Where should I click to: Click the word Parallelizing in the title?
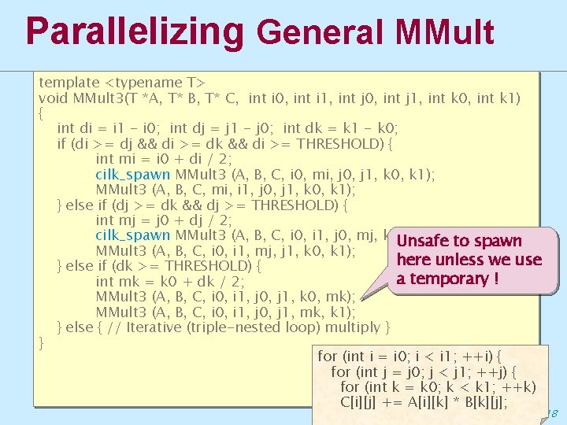(x=135, y=31)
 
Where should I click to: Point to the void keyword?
(x=54, y=98)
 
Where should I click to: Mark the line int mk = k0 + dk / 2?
(x=169, y=281)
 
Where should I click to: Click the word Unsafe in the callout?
(x=426, y=241)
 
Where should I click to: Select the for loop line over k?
(x=438, y=386)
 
